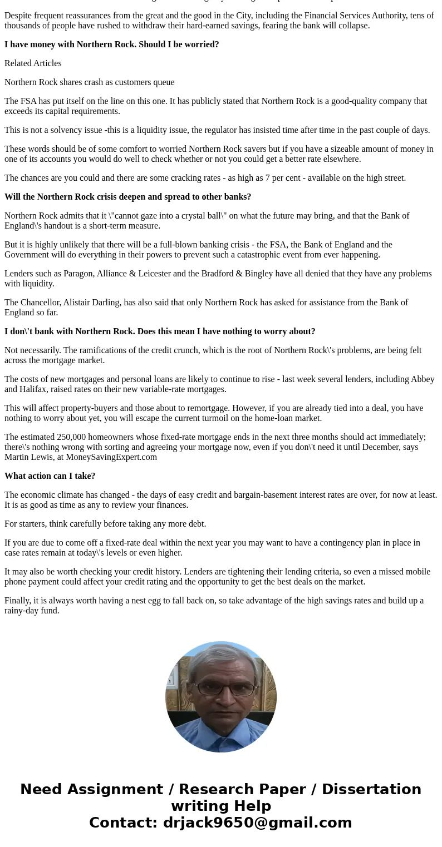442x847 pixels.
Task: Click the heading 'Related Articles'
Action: pyautogui.click(x=33, y=63)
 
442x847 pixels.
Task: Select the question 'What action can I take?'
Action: pyautogui.click(x=50, y=476)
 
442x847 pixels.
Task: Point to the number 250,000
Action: pyautogui.click(x=61, y=437)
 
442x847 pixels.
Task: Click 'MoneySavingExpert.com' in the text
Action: pyautogui.click(x=111, y=457)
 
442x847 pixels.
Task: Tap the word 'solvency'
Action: pyautogui.click(x=68, y=130)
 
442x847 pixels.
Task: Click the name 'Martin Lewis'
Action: pyautogui.click(x=29, y=457)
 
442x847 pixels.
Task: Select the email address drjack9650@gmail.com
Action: pyautogui.click(x=257, y=823)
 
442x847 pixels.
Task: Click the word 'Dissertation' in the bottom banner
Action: pyautogui.click(x=371, y=789)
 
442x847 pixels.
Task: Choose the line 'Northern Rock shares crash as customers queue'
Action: pyautogui.click(x=89, y=82)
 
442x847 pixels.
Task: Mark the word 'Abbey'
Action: pyautogui.click(x=423, y=379)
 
